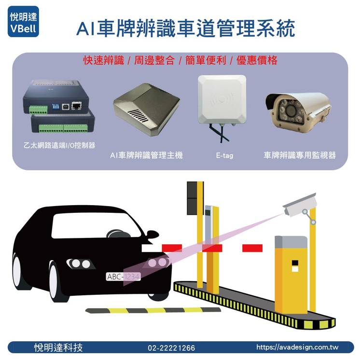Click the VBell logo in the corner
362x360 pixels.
23,21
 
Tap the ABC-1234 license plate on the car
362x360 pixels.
123,277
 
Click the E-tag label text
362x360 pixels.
224,155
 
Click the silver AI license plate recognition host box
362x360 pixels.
146,109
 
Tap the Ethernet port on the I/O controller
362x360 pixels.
76,106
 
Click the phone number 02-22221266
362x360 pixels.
171,348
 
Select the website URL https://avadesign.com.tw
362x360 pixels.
297,347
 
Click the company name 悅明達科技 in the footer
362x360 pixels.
58,347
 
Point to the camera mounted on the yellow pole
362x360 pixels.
300,205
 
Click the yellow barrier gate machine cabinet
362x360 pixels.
291,274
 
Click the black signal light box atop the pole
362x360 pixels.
192,198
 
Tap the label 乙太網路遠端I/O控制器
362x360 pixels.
59,145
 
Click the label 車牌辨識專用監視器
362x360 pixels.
300,155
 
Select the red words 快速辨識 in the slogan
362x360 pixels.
103,60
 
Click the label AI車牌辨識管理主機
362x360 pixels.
146,155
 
